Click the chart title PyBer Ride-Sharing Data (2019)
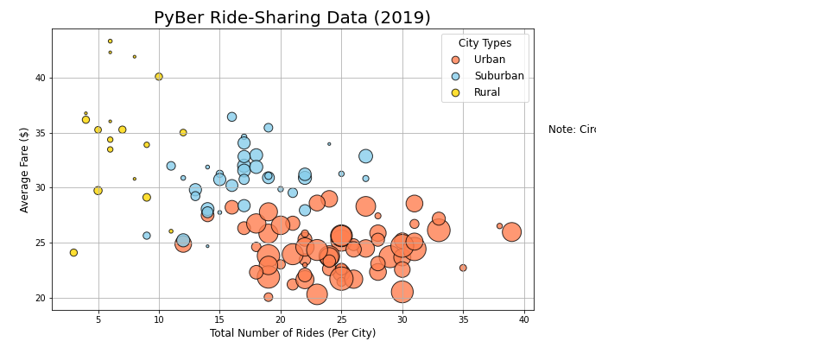(292, 18)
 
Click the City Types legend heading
(484, 43)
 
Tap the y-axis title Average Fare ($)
(24, 169)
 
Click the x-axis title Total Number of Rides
(292, 333)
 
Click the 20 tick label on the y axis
(39, 298)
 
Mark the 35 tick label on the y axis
(39, 133)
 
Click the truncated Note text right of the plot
(572, 129)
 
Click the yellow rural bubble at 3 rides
(73, 253)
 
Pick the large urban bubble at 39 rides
(511, 232)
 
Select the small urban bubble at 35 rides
(463, 268)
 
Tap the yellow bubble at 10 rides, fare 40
(159, 77)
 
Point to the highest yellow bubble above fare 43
(110, 41)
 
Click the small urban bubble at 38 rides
(499, 226)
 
